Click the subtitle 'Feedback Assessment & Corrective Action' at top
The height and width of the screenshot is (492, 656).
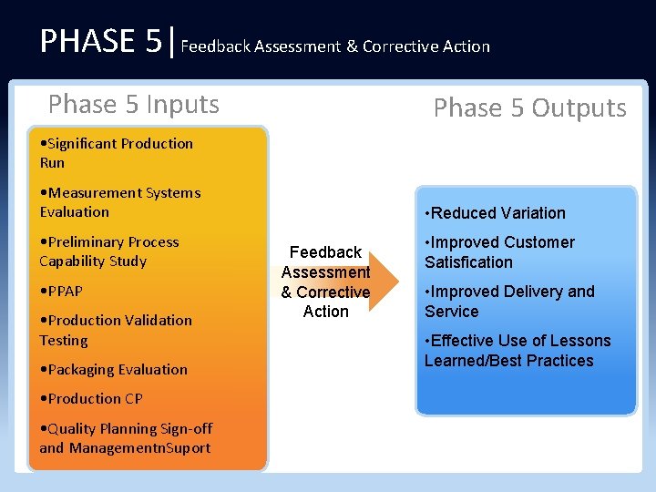(x=335, y=46)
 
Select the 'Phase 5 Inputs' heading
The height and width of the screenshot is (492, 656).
(x=134, y=105)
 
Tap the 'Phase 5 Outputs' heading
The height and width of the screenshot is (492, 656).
(x=529, y=108)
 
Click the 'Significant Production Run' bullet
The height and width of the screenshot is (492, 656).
(x=116, y=153)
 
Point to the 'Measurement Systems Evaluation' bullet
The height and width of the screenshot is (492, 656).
(x=119, y=202)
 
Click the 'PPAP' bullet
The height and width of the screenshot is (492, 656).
(x=61, y=292)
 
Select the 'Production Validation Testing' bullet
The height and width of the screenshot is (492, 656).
(x=115, y=330)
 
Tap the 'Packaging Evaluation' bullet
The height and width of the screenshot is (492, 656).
(x=113, y=370)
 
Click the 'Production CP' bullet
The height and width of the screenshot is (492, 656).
(x=91, y=399)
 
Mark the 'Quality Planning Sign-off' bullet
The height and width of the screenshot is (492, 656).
(x=126, y=429)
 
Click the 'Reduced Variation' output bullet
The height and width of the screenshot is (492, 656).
(x=495, y=213)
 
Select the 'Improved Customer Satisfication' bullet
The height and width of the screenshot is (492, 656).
(x=499, y=252)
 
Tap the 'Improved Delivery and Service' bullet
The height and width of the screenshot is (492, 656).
(x=508, y=302)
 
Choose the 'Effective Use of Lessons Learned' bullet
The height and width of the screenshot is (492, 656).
(x=517, y=351)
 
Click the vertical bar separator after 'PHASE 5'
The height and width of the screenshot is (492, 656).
(x=172, y=41)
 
